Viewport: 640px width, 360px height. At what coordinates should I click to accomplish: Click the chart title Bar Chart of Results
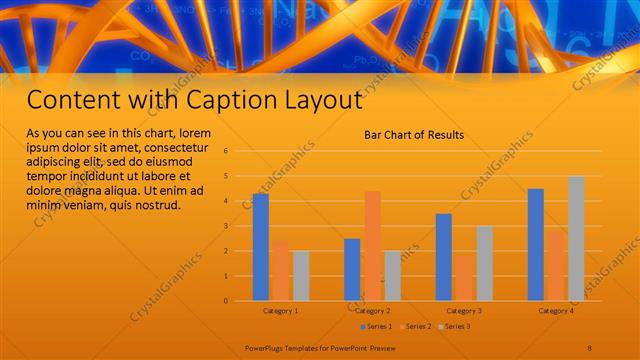pos(414,134)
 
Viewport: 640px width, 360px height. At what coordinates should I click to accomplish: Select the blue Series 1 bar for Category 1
pos(261,247)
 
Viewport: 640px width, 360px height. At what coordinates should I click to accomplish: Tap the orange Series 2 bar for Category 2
pos(372,246)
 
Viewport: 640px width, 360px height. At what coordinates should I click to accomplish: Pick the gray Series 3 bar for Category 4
pos(576,238)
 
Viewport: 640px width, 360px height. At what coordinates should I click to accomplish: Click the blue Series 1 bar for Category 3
pos(444,257)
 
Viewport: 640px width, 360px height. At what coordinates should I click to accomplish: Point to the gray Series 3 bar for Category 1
pos(301,275)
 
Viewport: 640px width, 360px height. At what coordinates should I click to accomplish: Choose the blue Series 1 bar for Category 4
pos(536,244)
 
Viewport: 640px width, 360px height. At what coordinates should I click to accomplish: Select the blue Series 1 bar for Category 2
pos(352,269)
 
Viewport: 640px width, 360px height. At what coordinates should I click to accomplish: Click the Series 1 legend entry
pos(375,326)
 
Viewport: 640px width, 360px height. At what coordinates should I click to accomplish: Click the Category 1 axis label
pos(281,311)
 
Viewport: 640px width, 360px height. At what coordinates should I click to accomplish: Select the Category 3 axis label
pos(464,311)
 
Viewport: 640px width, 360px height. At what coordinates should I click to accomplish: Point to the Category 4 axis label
pos(556,311)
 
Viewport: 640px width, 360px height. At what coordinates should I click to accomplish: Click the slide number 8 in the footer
pos(590,347)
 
